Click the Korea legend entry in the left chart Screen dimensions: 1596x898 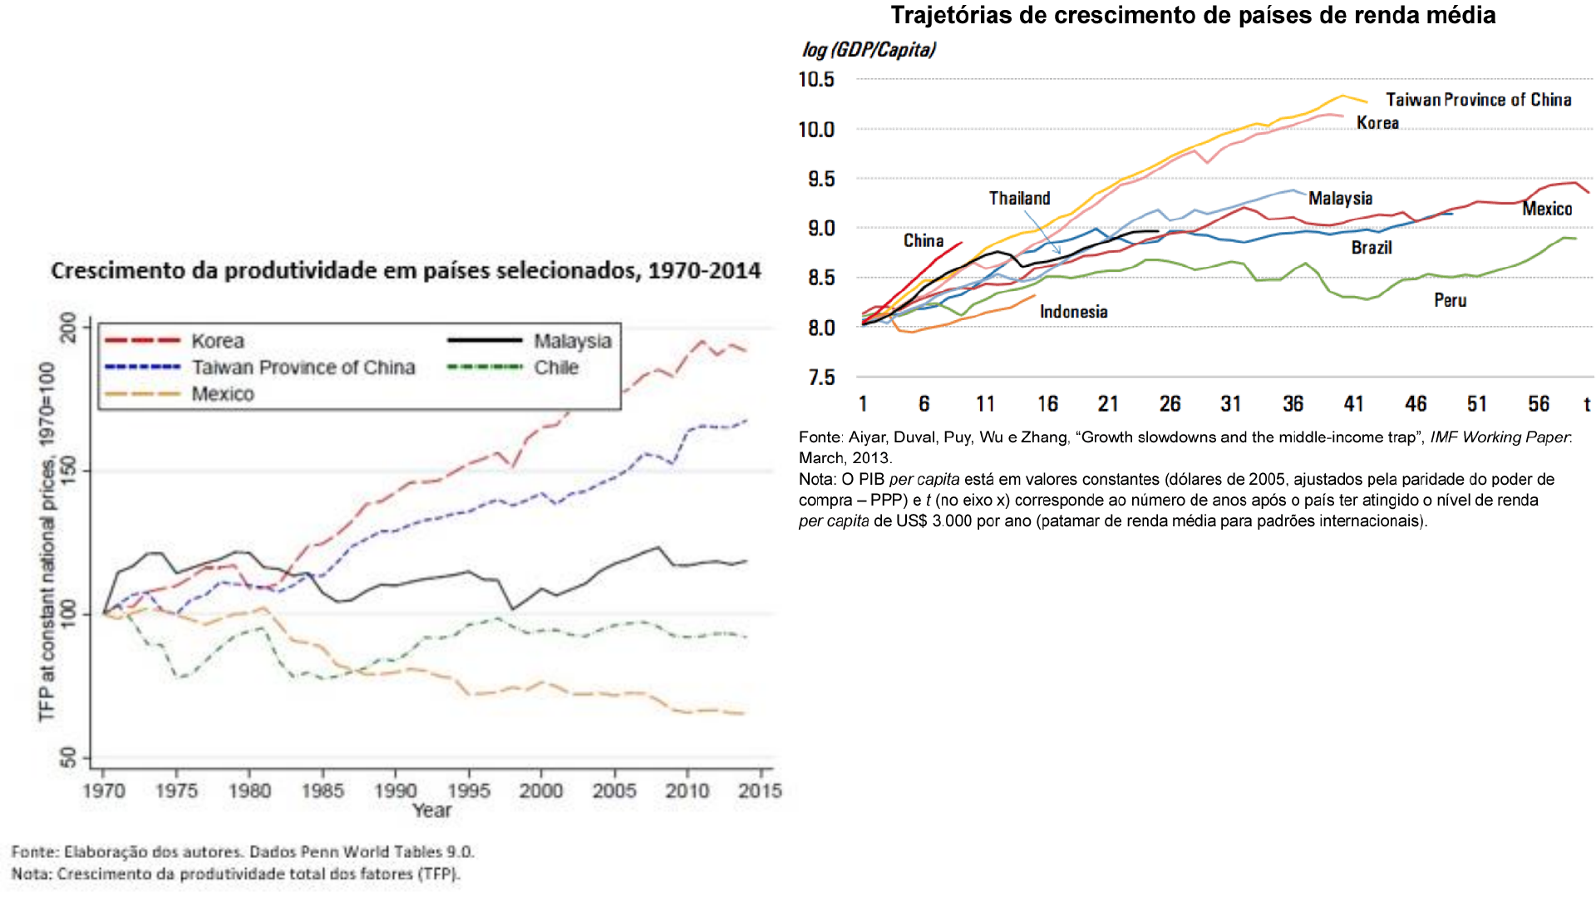click(x=175, y=341)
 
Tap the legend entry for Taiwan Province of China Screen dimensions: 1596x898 click(x=260, y=368)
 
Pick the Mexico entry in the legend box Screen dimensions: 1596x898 click(x=180, y=394)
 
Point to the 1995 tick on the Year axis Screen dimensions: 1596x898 click(x=469, y=790)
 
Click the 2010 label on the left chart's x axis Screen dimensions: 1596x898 click(x=687, y=790)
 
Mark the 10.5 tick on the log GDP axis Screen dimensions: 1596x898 click(x=816, y=79)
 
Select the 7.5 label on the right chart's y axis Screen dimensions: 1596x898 click(x=821, y=377)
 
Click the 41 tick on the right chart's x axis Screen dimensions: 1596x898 click(x=1353, y=404)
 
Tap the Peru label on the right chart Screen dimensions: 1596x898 click(x=1450, y=300)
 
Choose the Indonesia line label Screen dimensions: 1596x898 click(x=1073, y=312)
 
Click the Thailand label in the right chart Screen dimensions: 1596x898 click(x=1019, y=198)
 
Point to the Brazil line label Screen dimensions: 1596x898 click(x=1372, y=248)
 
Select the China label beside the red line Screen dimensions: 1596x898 click(x=924, y=240)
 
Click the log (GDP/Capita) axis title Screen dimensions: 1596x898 click(x=869, y=50)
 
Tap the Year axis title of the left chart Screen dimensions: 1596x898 click(x=432, y=811)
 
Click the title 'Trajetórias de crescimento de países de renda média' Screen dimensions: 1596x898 click(x=1193, y=15)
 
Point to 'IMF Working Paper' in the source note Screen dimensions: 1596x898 click(x=1500, y=437)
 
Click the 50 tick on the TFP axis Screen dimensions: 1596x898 click(x=68, y=757)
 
